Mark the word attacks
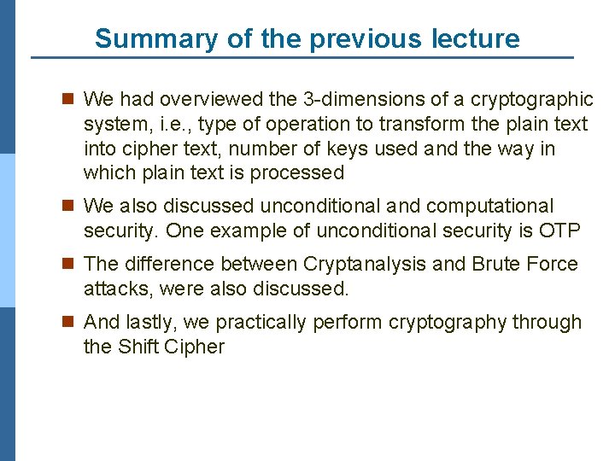(x=115, y=289)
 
